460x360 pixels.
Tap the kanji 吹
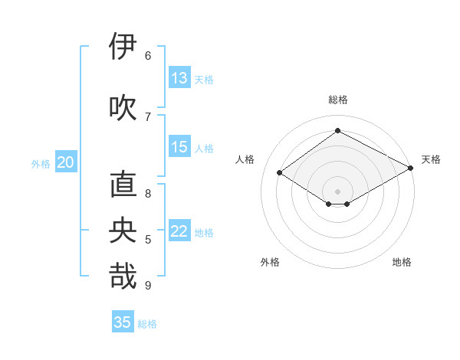coord(123,107)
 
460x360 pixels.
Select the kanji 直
coord(123,186)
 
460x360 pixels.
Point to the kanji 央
coord(123,231)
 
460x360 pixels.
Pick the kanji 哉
coord(123,277)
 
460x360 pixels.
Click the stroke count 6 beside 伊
coord(148,55)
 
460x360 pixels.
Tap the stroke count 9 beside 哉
coord(148,286)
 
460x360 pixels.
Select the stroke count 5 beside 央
coord(148,240)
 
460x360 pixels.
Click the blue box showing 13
coord(179,78)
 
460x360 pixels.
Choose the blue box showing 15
coord(179,147)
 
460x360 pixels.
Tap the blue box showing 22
coord(179,232)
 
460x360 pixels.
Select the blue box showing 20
coord(66,162)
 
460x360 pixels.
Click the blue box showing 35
coord(123,322)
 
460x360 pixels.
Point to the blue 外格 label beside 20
coord(40,164)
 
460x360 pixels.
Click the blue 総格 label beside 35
coord(147,324)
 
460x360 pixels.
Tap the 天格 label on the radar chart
coord(431,159)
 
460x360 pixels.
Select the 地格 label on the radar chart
coord(402,262)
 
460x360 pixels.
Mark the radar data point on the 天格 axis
coord(412,168)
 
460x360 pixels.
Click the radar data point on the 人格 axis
coord(280,173)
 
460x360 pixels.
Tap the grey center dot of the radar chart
coord(337,190)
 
